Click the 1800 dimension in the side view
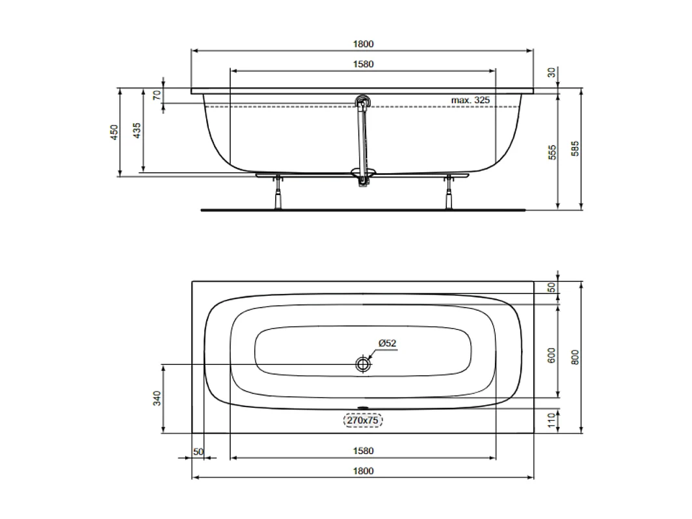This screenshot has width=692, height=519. point(364,44)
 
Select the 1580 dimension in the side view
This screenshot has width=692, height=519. point(364,64)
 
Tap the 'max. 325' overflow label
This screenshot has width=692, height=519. point(470,100)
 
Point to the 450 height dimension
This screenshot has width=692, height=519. point(113,132)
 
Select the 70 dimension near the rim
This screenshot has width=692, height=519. point(156,94)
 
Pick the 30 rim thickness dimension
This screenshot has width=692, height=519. point(552,73)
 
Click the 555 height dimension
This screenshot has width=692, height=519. point(552,152)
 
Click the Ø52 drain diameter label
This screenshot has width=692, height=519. point(388,343)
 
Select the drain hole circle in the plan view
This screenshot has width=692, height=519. point(363,364)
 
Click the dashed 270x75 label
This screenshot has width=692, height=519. point(363,421)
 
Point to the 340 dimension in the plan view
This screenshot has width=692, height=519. point(156,399)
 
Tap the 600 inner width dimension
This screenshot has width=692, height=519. point(552,355)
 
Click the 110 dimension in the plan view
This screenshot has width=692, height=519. point(552,420)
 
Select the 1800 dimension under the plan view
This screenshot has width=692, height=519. point(364,471)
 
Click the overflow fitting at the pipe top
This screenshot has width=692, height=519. point(362,102)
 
